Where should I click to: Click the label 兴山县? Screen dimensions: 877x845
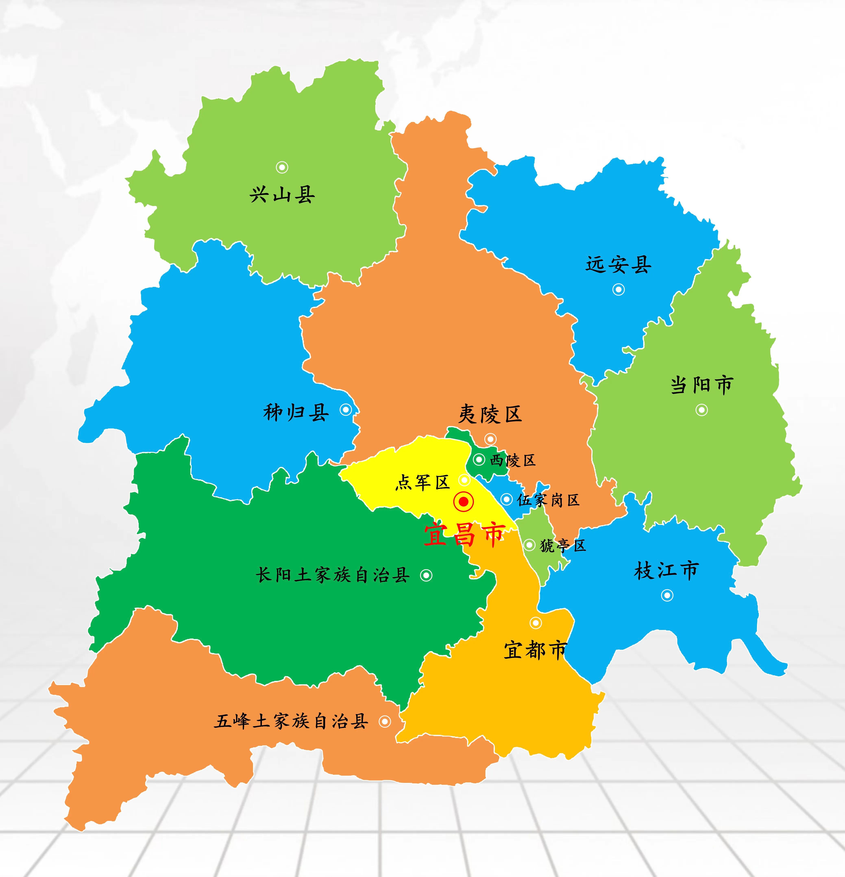(282, 195)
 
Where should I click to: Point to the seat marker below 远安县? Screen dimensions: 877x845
(619, 289)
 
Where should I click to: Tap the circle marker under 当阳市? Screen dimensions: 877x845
(701, 410)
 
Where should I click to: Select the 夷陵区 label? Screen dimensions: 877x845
(490, 414)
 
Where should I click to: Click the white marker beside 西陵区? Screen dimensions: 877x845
(479, 459)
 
